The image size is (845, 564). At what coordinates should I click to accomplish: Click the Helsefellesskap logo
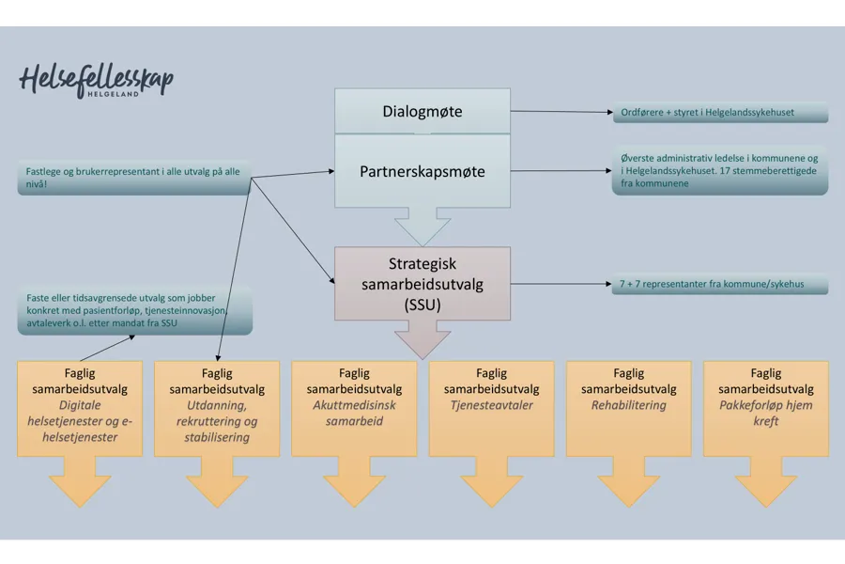tap(96, 81)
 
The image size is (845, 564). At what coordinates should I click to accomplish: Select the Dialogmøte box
tap(422, 112)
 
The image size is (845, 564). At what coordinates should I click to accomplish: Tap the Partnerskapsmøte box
tap(422, 171)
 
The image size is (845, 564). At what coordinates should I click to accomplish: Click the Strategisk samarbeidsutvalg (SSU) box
tap(422, 284)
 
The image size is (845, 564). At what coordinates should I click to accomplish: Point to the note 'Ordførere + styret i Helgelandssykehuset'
tap(719, 113)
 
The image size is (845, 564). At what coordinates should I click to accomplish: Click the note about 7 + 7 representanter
tap(719, 284)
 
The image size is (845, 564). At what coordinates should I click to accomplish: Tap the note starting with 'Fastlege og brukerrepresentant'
tap(134, 178)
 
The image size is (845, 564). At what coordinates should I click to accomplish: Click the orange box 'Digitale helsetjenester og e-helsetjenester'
tap(80, 409)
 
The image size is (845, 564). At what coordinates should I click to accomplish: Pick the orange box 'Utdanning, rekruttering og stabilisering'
tap(217, 409)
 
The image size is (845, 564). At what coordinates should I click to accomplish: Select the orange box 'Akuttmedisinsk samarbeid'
tap(354, 409)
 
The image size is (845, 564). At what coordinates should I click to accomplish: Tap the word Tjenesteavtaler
tap(491, 406)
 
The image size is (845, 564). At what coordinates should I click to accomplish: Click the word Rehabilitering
tap(628, 406)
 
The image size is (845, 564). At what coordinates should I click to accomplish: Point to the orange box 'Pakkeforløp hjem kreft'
tap(765, 409)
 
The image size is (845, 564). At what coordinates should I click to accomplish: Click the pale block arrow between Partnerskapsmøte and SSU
tap(422, 226)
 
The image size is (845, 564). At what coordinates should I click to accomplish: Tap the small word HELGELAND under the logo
tap(113, 94)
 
